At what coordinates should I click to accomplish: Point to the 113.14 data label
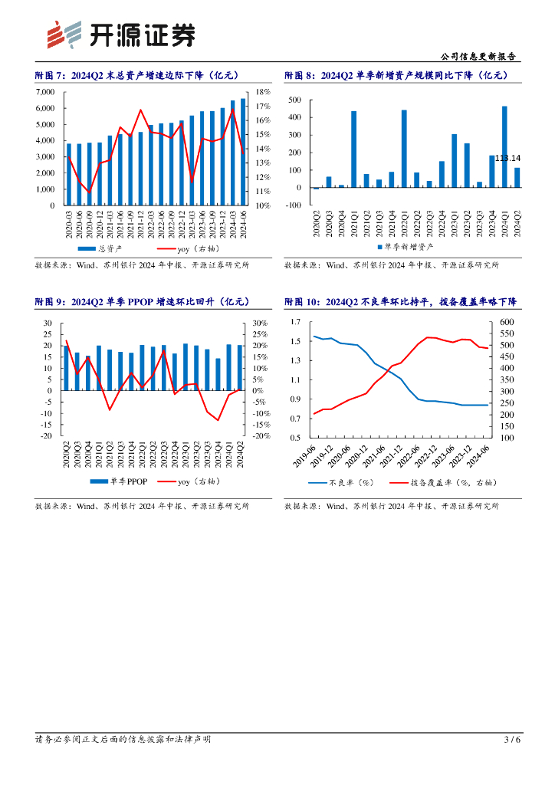click(x=506, y=158)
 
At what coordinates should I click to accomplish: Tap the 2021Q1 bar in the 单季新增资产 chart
click(x=353, y=149)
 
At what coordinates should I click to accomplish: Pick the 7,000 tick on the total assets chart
click(x=45, y=92)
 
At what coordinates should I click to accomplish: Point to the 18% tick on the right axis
click(x=263, y=92)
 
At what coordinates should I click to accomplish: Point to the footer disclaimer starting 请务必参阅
click(x=123, y=740)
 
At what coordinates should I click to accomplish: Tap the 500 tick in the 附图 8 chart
click(x=293, y=100)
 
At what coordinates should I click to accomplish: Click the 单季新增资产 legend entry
click(x=406, y=247)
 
